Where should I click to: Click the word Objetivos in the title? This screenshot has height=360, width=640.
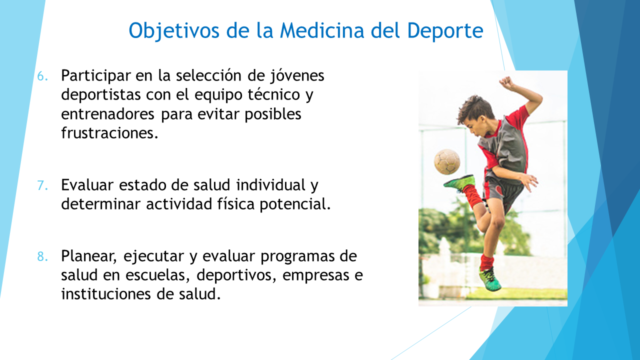point(173,31)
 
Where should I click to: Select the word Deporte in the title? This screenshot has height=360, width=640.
point(445,31)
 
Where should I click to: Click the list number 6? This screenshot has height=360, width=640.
point(42,76)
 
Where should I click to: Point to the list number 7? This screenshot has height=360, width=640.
point(42,185)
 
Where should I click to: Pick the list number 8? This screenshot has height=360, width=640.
point(42,256)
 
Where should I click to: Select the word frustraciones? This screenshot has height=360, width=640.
point(109,132)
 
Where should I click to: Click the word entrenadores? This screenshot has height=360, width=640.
point(107,113)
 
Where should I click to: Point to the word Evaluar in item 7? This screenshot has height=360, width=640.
point(87,185)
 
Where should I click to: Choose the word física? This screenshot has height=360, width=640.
point(235,203)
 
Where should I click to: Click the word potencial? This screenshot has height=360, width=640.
point(295,204)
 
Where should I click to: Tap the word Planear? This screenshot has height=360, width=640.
point(89,256)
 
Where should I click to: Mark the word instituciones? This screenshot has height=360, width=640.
point(105,293)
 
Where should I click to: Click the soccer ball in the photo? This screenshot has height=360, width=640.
point(447,161)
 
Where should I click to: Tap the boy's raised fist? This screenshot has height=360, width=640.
point(506,82)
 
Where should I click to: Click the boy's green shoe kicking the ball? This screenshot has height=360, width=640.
point(459,183)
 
